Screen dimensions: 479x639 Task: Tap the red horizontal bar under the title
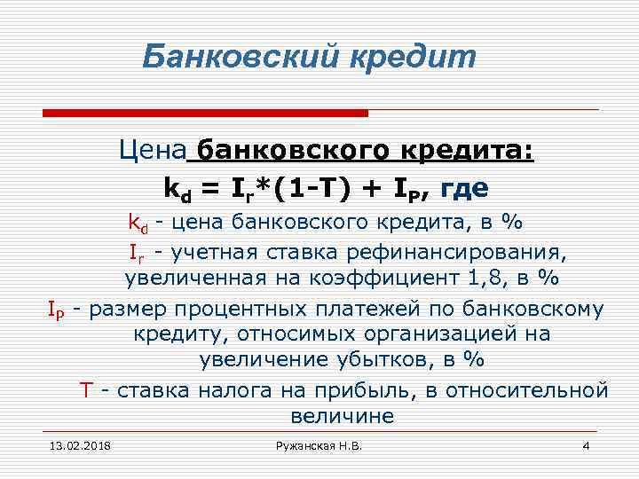pos(205,114)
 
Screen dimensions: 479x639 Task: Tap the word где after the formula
pos(464,188)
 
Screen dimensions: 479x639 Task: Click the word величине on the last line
pos(341,415)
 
